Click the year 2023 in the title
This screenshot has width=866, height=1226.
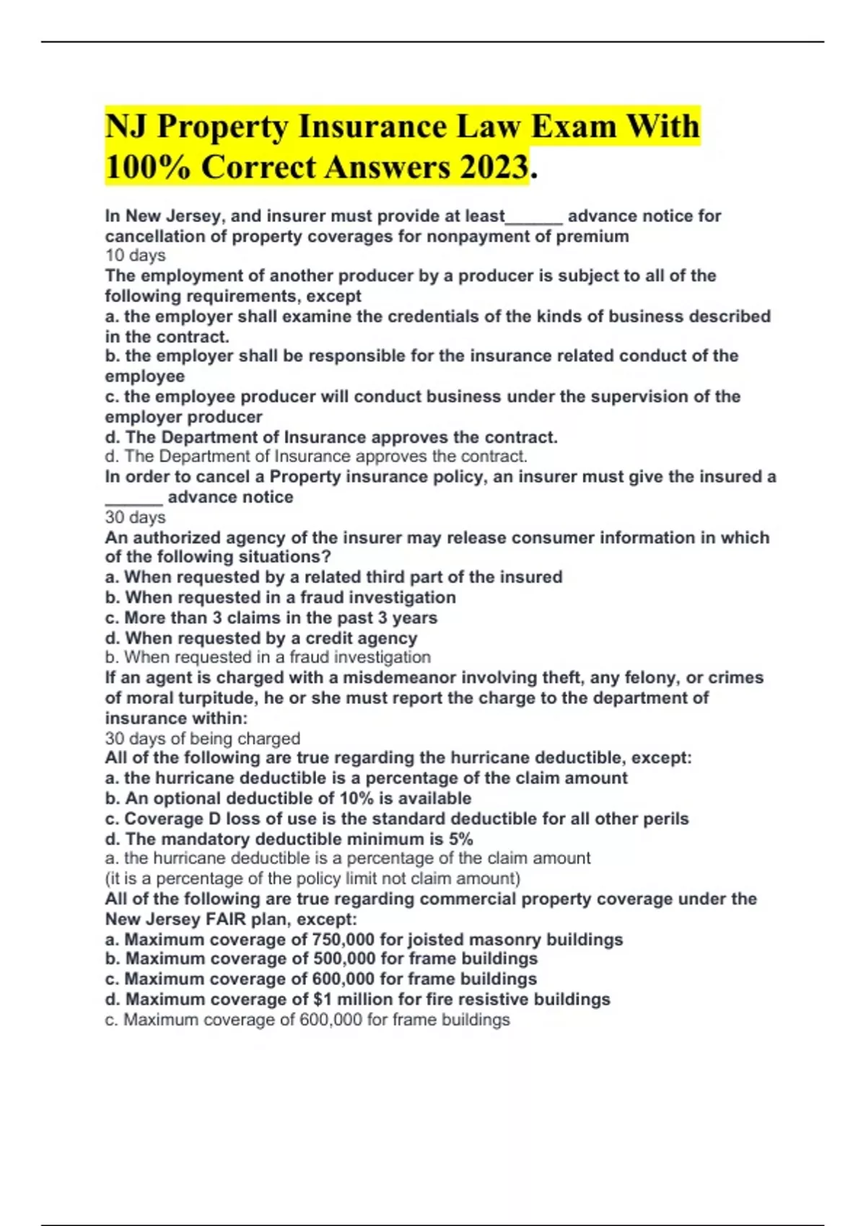(x=491, y=168)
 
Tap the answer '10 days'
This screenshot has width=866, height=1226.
(x=135, y=255)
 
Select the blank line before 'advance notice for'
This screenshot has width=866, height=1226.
(x=534, y=216)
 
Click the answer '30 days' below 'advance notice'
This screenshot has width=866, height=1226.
(x=135, y=517)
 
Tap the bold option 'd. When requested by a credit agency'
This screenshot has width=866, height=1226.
(x=261, y=638)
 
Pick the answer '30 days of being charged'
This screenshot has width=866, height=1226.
(x=202, y=738)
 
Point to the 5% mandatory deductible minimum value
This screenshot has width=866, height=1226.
(x=460, y=839)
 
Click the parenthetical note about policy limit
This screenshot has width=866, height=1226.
(x=312, y=878)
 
